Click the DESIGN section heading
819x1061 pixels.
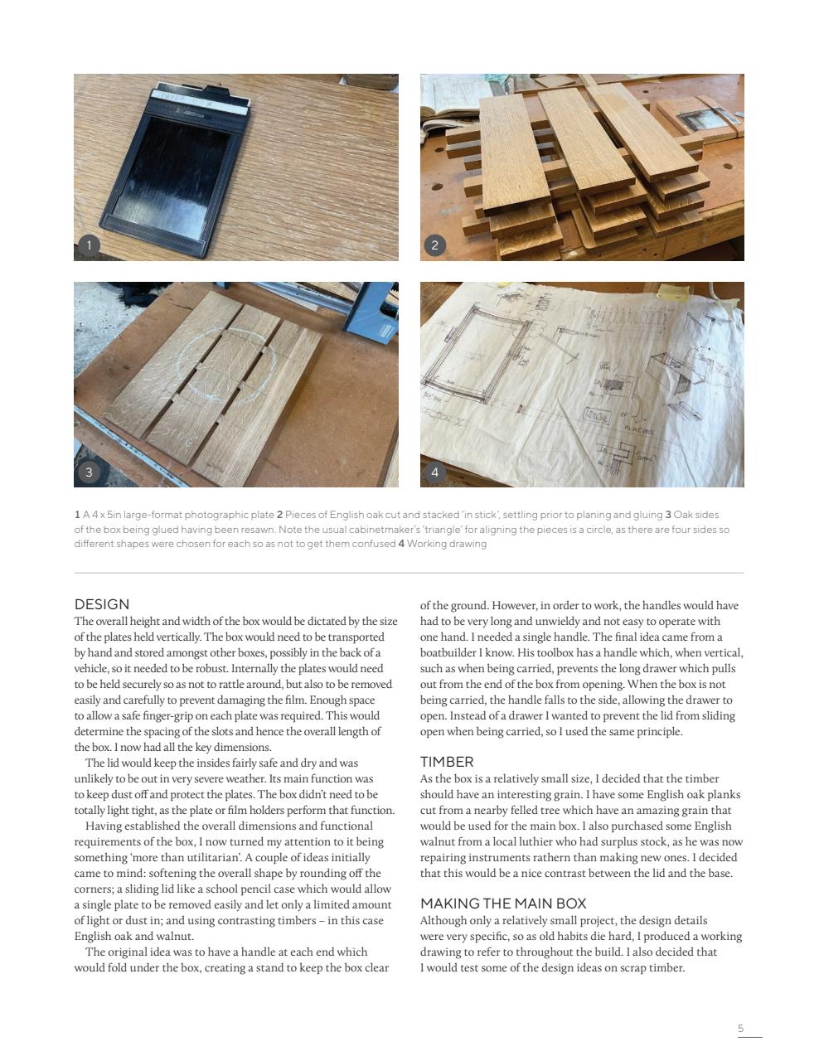coord(102,604)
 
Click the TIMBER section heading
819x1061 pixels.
coord(447,761)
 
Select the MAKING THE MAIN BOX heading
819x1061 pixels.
coord(503,903)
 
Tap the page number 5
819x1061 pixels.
coord(740,1029)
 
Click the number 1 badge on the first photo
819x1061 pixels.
coord(89,244)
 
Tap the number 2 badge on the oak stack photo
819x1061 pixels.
coord(434,244)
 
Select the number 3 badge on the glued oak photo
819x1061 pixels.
coord(89,471)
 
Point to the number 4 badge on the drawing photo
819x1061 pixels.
coord(434,471)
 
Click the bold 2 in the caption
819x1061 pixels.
coord(280,515)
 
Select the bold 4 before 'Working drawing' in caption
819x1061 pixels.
coord(401,544)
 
